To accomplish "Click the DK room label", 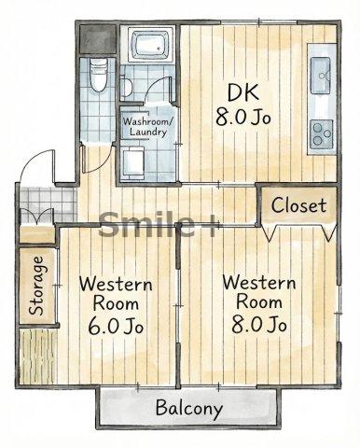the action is (x=242, y=91).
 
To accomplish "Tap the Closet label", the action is (x=298, y=205).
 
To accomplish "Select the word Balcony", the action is (x=188, y=408).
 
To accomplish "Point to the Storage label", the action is (x=36, y=286).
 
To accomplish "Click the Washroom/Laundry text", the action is (x=147, y=127).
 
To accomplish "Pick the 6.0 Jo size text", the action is (x=116, y=326).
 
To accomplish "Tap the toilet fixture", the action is (x=99, y=75).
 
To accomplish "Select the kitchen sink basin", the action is (x=320, y=76).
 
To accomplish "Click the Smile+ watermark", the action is (x=157, y=224).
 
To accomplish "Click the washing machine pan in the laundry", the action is (x=132, y=163).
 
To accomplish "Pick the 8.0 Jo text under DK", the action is (x=243, y=118).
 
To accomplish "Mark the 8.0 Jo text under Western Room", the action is (x=258, y=325).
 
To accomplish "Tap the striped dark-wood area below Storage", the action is (x=38, y=357).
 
